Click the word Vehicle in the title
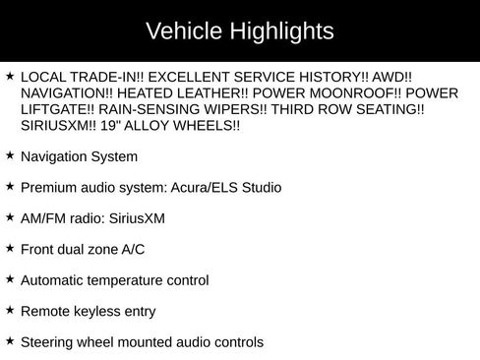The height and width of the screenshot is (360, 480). tap(182, 31)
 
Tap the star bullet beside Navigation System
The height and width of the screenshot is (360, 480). tap(10, 155)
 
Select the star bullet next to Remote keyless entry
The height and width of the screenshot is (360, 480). tap(10, 311)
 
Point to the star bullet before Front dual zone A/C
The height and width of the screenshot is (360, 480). tap(10, 249)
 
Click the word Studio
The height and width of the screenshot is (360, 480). tap(261, 187)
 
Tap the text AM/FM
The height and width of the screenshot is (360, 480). tap(42, 218)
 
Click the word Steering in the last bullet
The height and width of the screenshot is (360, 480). tap(48, 342)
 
